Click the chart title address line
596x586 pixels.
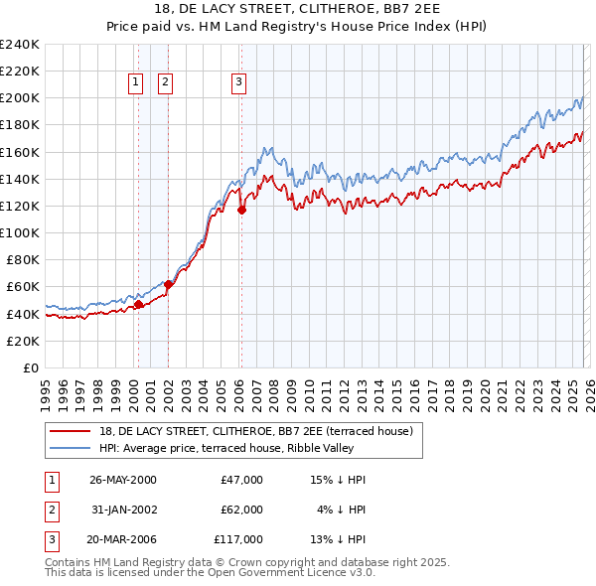point(298,8)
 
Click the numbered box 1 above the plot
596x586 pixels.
point(135,83)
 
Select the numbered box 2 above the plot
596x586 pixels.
point(165,83)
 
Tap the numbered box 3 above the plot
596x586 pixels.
point(239,83)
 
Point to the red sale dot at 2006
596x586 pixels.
point(241,209)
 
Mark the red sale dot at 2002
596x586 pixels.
point(169,283)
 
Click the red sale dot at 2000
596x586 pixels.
point(139,304)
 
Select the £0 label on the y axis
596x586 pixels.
point(30,367)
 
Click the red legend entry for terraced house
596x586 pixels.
point(262,430)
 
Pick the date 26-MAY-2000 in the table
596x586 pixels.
point(123,480)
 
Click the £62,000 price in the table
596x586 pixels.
point(242,510)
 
